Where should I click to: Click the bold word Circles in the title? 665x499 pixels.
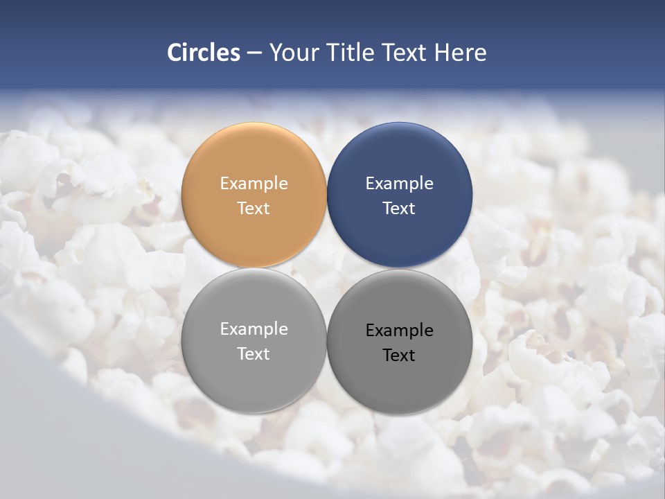204,53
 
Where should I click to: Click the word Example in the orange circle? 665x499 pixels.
254,184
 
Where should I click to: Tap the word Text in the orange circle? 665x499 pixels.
254,209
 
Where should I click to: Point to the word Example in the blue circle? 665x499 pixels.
400,184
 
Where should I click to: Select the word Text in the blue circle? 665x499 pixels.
400,209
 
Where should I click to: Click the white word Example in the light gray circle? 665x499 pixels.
254,329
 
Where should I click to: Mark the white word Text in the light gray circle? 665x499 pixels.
254,354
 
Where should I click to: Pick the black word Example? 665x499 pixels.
400,331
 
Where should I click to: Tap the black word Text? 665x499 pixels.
400,356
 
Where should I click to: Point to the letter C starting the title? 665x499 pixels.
175,53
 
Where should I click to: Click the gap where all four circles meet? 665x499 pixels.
327,268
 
